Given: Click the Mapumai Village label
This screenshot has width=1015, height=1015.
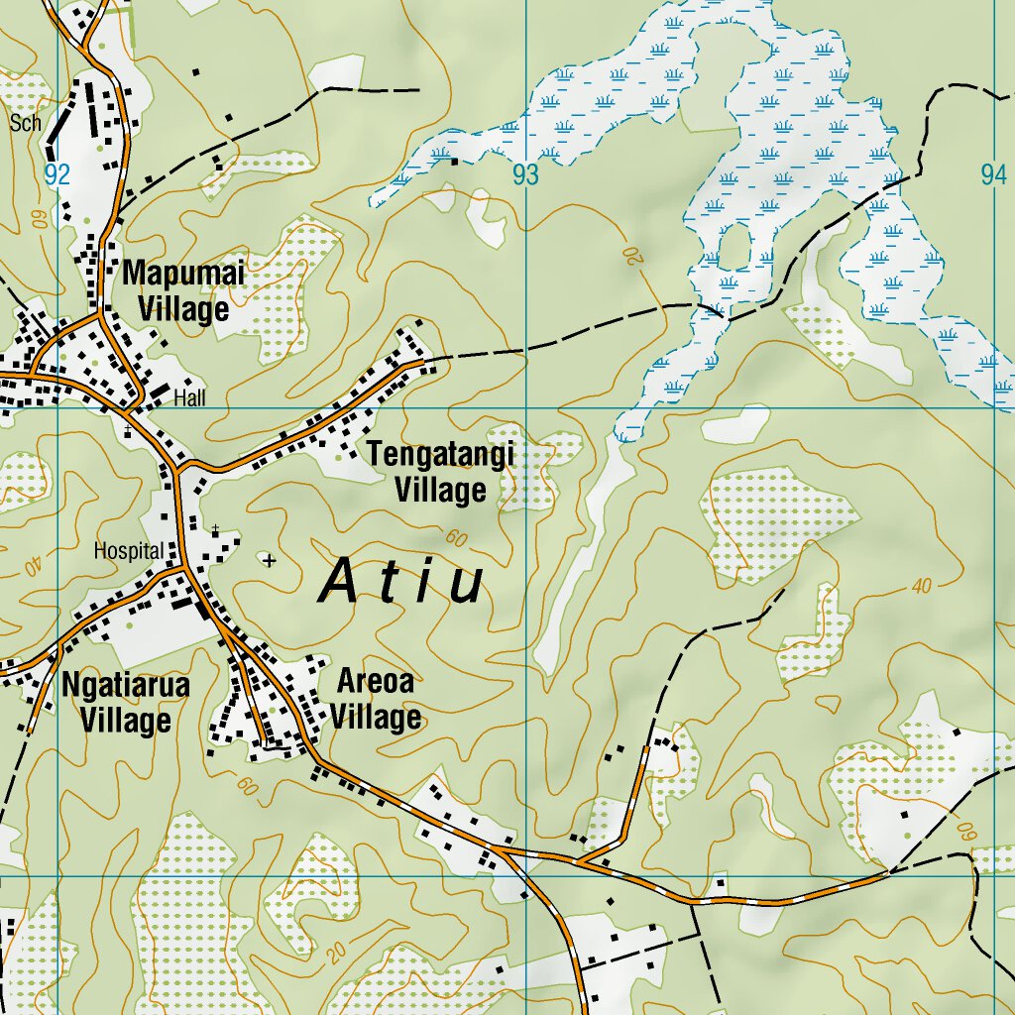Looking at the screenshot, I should coord(182,291).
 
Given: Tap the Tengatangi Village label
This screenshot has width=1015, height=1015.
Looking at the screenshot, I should coord(441,472).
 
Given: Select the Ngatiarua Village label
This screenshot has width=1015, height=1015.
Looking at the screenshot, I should coord(125,702).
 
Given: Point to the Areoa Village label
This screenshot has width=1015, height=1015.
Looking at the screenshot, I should coord(376,699).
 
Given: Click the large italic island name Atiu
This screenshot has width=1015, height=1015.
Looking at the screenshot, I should coord(401,583).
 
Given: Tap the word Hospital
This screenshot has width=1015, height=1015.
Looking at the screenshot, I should coord(129,551).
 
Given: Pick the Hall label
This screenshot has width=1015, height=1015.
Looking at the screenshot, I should coord(188,398).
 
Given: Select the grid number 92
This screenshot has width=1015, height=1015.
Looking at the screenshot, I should coord(57,175).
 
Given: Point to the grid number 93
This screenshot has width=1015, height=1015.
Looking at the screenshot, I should coord(525,175).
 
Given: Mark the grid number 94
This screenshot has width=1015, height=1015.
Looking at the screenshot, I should coord(993,175).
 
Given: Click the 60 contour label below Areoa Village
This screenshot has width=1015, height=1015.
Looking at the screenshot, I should coord(247,784).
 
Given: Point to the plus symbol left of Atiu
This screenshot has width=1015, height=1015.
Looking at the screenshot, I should coord(270,561).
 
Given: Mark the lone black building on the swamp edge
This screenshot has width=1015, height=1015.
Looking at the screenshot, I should coord(455,161).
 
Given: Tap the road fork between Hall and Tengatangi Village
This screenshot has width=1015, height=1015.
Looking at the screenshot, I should coord(178,466).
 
